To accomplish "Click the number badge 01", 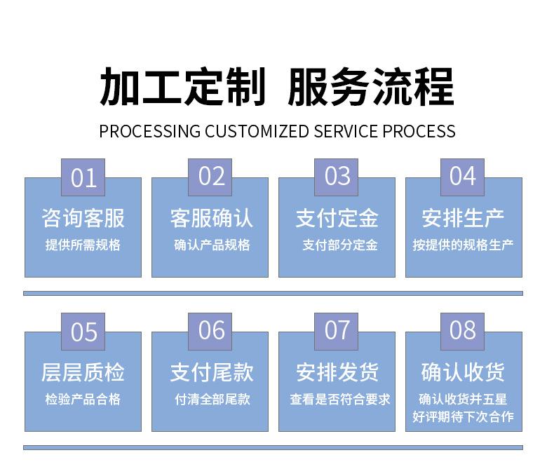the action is pos(83,177).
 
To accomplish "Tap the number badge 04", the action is pos(462,177).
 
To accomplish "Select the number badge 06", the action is pos(210,331).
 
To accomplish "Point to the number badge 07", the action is pos(337,331).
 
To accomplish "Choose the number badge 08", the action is pos(462,331).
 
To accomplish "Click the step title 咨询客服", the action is pos(83,218).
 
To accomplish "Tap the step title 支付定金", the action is pos(337,218).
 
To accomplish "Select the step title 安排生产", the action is pos(463,218).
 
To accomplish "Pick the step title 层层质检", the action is pos(83,372).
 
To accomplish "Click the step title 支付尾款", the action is pos(210,372).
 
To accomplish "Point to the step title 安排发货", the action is pos(337,372).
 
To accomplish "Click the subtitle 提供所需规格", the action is pos(83,245).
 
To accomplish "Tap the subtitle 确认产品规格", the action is pos(210,245).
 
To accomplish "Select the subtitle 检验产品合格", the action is pos(83,400).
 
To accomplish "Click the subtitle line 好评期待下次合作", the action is pos(463,417).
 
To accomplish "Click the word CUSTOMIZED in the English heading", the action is pos(257,131).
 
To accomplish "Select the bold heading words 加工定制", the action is pos(183,88).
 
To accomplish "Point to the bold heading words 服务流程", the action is pos(371,88).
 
